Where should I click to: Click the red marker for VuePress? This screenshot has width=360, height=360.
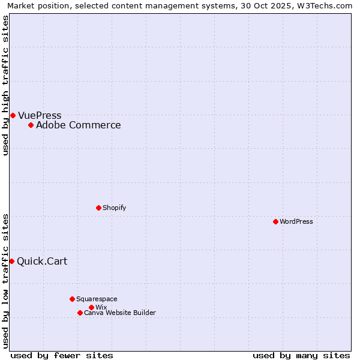click(13, 115)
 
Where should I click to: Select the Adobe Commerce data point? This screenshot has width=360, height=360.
click(31, 125)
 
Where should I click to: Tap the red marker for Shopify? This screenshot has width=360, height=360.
click(98, 208)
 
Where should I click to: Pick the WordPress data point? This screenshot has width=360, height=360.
click(275, 221)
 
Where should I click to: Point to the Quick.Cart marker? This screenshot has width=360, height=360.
click(11, 261)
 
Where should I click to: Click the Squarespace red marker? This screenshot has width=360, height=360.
click(72, 299)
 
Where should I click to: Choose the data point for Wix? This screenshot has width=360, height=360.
click(91, 307)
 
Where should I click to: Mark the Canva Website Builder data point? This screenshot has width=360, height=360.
click(80, 313)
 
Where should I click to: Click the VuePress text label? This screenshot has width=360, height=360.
click(40, 115)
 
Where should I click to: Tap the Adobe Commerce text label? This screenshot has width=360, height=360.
click(79, 125)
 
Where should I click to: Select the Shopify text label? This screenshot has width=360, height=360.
click(115, 208)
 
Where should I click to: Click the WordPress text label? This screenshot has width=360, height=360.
click(296, 221)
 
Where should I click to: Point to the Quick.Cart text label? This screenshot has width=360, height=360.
click(42, 261)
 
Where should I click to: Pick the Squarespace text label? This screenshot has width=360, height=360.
click(97, 299)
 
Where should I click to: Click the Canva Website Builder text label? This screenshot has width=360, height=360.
click(120, 313)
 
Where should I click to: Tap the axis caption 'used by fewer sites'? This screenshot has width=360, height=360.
click(62, 355)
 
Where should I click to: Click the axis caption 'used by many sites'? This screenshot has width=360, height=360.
click(301, 355)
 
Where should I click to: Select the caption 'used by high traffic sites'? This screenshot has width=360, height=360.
click(5, 85)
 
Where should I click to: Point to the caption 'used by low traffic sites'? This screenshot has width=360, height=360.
click(5, 280)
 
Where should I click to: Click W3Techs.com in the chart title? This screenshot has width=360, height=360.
click(327, 5)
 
